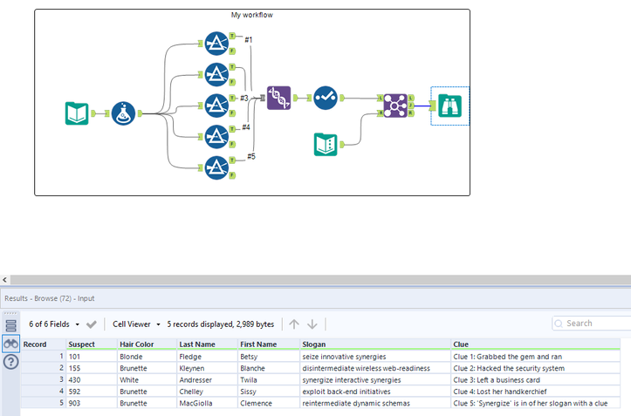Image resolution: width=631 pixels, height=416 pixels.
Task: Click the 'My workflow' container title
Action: click(251, 15)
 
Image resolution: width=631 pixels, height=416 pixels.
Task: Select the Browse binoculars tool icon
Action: click(449, 106)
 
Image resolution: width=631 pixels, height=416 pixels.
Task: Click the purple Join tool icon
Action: click(394, 106)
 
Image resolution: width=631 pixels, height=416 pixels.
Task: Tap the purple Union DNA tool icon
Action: click(278, 98)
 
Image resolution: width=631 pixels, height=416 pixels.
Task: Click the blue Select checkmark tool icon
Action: click(326, 98)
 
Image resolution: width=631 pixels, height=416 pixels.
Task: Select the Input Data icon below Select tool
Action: click(326, 144)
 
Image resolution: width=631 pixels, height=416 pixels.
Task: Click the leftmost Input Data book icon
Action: click(78, 113)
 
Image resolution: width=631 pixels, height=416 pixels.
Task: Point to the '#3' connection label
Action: click(245, 98)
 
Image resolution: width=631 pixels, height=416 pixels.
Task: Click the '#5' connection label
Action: click(250, 156)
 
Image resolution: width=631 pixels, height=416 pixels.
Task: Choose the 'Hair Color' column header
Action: click(138, 344)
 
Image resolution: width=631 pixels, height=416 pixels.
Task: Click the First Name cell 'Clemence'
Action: click(259, 404)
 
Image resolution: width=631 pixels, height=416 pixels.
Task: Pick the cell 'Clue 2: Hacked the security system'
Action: click(509, 368)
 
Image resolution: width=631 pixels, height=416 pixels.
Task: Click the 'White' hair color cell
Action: click(131, 380)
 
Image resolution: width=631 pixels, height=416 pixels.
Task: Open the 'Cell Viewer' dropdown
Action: click(137, 324)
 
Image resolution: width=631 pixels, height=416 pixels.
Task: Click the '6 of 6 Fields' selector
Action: click(52, 324)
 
